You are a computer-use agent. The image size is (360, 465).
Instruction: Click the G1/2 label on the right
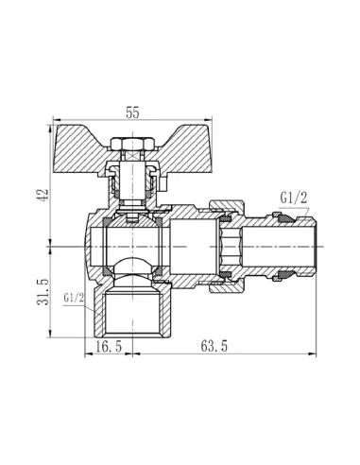pos(293,198)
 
